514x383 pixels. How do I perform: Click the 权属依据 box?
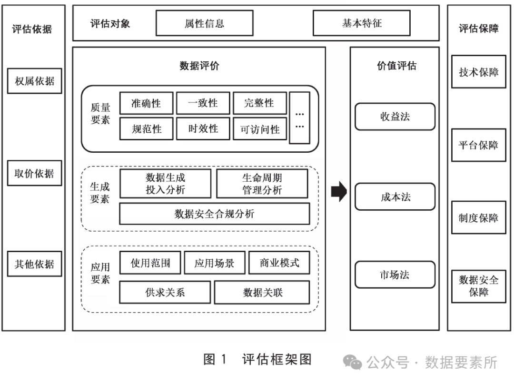(x=35, y=81)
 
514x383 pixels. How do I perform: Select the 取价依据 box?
(x=35, y=173)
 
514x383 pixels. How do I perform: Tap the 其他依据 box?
(x=35, y=264)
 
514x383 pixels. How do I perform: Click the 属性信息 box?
(x=204, y=23)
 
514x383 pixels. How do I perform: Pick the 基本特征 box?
(x=361, y=23)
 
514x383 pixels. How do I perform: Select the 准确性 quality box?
(x=146, y=103)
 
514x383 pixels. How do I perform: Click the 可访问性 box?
(x=260, y=129)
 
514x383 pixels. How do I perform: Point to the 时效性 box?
(x=203, y=129)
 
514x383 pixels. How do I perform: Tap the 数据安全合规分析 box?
(x=214, y=214)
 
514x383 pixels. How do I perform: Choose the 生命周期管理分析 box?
(x=262, y=184)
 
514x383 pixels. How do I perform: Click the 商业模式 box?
(x=279, y=263)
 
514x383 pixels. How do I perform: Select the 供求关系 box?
(x=165, y=292)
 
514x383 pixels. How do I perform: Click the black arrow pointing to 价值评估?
(x=338, y=192)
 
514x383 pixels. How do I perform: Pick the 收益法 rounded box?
(x=395, y=117)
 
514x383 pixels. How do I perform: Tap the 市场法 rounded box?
(x=395, y=275)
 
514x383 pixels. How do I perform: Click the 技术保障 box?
(x=478, y=73)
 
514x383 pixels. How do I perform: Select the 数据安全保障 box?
(x=478, y=286)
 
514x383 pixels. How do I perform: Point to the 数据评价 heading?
(x=199, y=66)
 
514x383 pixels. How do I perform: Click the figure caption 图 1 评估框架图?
(x=257, y=359)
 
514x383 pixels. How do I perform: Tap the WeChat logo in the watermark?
(x=353, y=363)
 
